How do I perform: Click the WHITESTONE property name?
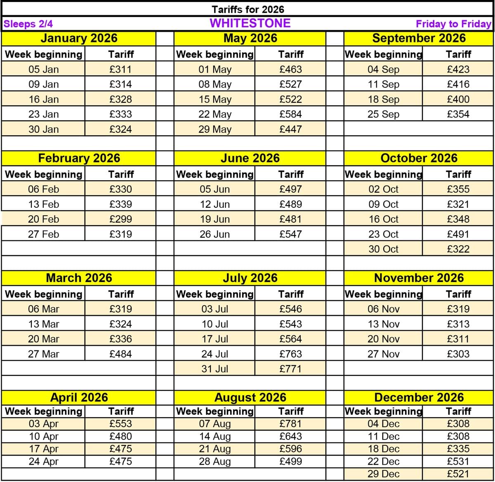(x=250, y=23)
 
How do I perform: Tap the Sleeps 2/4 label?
(x=28, y=24)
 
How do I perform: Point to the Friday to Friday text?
(x=453, y=24)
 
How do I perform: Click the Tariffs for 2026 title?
(x=248, y=9)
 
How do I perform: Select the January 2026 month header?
(x=79, y=38)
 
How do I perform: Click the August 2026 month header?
(x=250, y=397)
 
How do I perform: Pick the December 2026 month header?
(x=419, y=397)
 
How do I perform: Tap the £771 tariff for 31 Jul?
(x=290, y=369)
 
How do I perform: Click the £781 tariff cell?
(x=290, y=423)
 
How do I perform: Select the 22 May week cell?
(x=215, y=114)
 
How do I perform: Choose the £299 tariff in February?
(x=120, y=219)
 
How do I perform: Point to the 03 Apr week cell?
(x=43, y=423)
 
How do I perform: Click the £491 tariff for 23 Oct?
(x=458, y=234)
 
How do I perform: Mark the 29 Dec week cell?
(x=383, y=474)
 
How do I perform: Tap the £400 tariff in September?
(x=458, y=99)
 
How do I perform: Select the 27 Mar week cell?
(x=43, y=354)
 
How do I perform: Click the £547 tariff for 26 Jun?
(x=290, y=234)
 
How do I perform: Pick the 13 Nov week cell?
(x=383, y=324)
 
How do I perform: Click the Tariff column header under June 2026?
(x=290, y=174)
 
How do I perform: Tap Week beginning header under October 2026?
(x=383, y=174)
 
